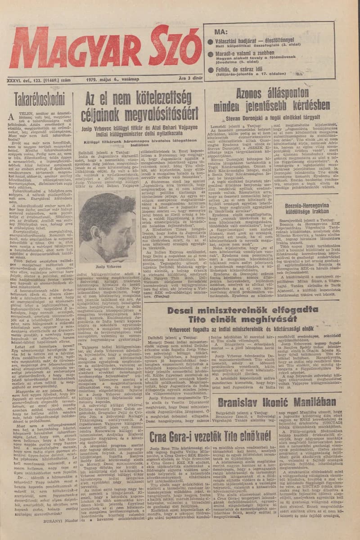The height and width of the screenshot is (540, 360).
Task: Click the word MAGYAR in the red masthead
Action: (67, 47)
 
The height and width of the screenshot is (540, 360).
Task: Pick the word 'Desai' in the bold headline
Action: (184, 314)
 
